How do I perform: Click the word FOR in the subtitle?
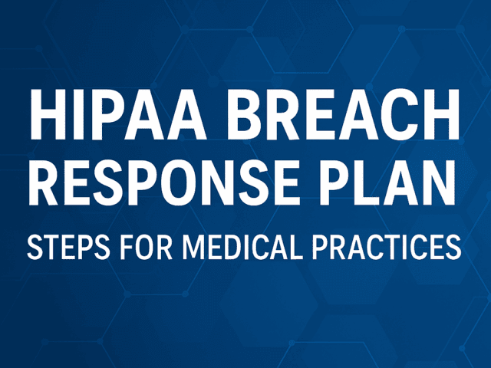click(x=133, y=248)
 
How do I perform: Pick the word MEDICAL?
click(x=233, y=248)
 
